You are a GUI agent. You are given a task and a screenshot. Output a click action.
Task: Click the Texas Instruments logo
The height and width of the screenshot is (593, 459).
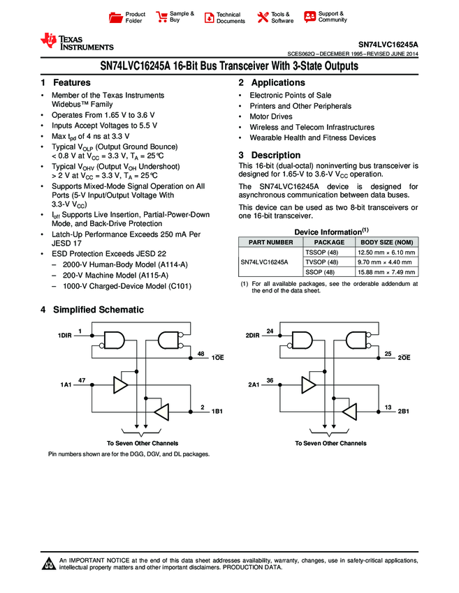pyautogui.click(x=77, y=43)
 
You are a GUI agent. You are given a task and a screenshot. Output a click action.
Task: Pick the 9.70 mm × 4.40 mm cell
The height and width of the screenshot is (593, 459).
pyautogui.click(x=386, y=262)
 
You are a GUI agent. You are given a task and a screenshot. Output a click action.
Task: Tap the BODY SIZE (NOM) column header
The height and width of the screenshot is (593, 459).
pyautogui.click(x=386, y=241)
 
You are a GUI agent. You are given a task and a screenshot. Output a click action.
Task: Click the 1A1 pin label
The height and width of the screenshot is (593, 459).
pyautogui.click(x=66, y=384)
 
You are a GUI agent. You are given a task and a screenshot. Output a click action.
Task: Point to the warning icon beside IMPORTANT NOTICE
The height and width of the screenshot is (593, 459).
pyautogui.click(x=49, y=564)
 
